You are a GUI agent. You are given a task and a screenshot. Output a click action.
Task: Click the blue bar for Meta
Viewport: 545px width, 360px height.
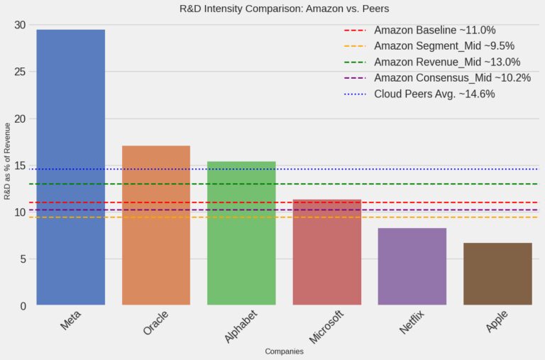point(71,167)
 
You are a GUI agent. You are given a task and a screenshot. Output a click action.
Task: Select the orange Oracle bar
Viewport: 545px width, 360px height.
point(156,225)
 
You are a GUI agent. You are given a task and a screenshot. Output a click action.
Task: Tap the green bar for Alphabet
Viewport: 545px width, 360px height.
point(241,233)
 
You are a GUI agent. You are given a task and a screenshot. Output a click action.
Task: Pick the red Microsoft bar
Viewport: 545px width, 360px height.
point(326,252)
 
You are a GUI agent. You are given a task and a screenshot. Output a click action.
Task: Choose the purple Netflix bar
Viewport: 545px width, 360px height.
point(412,266)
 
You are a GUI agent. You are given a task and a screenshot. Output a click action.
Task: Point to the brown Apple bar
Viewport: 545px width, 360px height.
point(497,274)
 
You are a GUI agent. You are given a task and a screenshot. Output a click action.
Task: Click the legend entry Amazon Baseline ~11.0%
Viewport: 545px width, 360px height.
point(434,31)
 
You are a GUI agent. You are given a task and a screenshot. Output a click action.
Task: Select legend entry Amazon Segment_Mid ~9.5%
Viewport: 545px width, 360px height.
point(444,46)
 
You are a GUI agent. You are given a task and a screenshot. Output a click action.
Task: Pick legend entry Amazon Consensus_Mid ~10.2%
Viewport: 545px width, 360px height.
point(452,77)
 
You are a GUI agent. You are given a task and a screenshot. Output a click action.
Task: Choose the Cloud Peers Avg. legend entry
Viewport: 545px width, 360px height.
point(434,94)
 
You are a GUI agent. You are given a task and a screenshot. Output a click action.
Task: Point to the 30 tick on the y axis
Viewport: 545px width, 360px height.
point(20,26)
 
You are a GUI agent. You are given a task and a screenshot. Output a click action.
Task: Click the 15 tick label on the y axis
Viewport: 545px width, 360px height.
point(20,166)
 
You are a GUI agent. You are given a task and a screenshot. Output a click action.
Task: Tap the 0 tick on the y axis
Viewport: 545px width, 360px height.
point(23,306)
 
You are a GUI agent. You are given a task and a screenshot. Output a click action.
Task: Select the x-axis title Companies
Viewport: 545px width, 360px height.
point(284,351)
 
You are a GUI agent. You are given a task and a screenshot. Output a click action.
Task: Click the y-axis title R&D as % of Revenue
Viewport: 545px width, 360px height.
point(8,161)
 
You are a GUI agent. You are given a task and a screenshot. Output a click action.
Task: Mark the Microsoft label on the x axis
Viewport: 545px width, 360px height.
point(326,326)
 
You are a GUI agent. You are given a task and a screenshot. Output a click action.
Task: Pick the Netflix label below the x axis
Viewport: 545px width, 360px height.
point(412,323)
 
